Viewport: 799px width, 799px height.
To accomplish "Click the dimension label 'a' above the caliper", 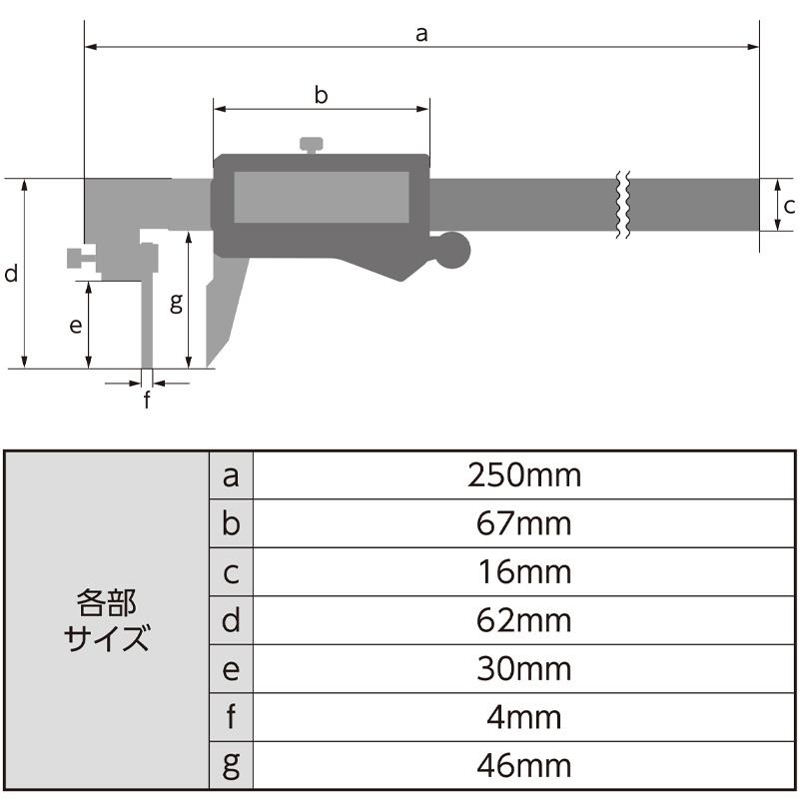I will coord(420,34).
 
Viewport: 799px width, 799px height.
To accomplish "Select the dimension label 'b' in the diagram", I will coord(321,96).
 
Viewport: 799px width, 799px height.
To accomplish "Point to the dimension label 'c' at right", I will coord(788,207).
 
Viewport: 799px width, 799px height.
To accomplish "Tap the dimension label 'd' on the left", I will coord(11,274).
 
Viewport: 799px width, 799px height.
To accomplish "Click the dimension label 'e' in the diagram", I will coord(74,326).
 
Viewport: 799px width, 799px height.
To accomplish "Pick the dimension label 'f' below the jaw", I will coord(147,400).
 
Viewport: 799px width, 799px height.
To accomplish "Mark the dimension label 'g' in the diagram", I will coord(176,303).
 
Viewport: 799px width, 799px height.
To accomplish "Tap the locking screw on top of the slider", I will coord(312,146).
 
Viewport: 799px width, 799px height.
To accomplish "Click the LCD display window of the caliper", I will coord(322,197).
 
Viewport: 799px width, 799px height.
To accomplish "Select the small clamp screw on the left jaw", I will coord(79,259).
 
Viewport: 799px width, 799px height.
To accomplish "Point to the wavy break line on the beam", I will coord(621,206).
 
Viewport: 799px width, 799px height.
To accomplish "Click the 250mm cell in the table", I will coord(523,475).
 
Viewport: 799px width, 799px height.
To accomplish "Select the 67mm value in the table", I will coord(523,523).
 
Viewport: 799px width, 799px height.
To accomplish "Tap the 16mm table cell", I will coord(523,572).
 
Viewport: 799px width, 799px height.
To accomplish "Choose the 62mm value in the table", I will coord(523,620).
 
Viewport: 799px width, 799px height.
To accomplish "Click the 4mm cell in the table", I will coord(523,717).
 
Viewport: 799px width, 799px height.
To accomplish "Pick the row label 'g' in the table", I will coord(231,765).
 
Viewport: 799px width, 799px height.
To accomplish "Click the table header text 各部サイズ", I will coord(106,620).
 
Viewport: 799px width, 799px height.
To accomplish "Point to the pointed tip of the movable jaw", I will coord(208,364).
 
